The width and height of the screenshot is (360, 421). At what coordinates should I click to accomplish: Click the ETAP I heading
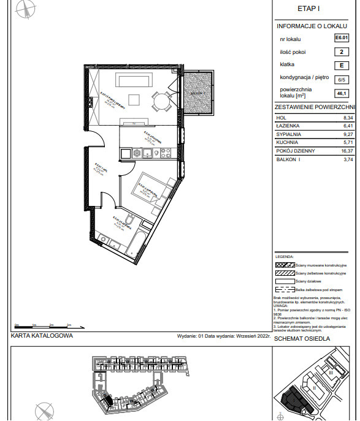tap(309, 9)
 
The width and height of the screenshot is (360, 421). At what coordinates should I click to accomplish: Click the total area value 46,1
tap(340, 93)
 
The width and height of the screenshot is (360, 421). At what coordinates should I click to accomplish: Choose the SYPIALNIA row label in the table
tap(288, 134)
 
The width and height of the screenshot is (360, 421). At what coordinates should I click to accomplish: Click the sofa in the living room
tap(136, 82)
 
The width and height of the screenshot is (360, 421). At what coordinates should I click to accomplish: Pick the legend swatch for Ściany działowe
tap(284, 280)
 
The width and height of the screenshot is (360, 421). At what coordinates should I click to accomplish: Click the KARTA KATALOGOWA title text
tap(42, 336)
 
